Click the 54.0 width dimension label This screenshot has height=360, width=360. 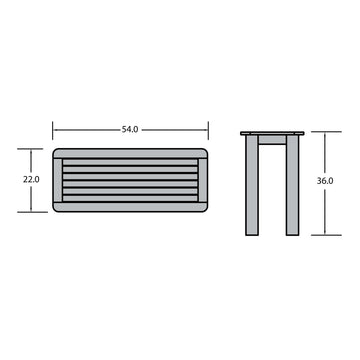point(130,130)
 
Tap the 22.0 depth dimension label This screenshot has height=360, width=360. point(31,179)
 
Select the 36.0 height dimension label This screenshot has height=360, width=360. point(325,181)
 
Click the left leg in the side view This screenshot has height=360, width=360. point(252,185)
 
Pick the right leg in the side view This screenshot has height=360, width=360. point(292,185)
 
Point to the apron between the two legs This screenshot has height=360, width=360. point(272,140)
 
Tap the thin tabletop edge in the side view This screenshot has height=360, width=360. point(272,133)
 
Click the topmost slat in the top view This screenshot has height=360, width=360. point(130,162)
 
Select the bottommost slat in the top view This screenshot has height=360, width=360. point(130,198)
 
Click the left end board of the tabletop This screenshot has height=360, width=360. point(58,180)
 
